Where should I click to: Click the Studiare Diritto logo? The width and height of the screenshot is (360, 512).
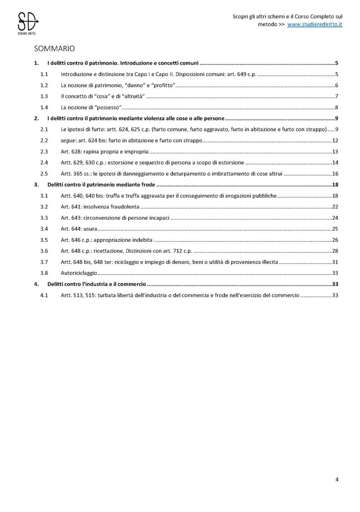coord(27,23)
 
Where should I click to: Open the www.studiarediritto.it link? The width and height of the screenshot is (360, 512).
coord(315,24)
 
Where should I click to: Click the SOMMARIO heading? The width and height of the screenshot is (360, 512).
coord(54,48)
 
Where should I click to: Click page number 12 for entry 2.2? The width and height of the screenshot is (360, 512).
coord(335,140)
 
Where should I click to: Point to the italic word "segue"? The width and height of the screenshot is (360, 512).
coord(68,140)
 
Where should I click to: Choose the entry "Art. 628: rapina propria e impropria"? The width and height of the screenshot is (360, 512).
coord(104,151)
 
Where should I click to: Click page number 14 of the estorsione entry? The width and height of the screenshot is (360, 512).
coord(335,162)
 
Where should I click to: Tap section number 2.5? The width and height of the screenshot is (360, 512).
coord(44,173)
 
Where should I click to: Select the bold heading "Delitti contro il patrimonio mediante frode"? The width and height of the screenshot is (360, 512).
coord(101,185)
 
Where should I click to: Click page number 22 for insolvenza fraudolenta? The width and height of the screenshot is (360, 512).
coord(335,207)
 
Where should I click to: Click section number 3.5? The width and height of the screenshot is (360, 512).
coord(44,240)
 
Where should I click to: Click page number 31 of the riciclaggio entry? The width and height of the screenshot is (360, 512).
coord(335,262)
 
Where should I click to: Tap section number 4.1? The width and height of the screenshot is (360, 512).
coord(44,295)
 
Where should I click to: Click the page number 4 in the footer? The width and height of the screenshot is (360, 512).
coord(337,480)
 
